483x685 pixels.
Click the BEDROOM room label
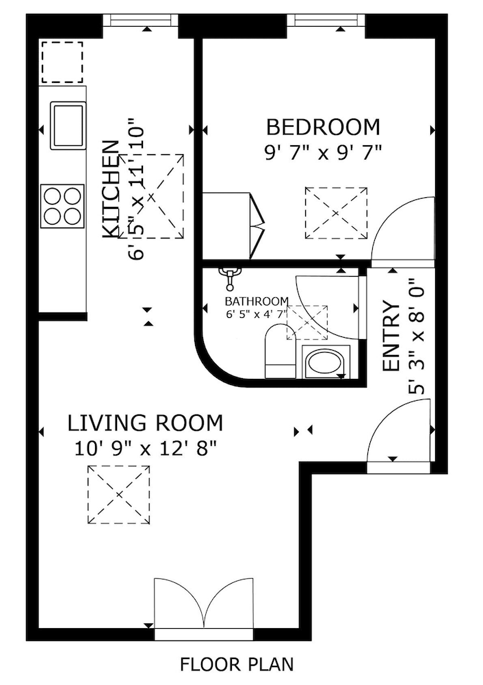coord(323,127)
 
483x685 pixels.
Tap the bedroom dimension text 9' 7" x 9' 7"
coord(323,151)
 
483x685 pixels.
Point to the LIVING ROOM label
coord(145,423)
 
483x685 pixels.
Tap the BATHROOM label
coord(257,301)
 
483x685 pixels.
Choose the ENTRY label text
coord(391,336)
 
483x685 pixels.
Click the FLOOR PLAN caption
coord(237,664)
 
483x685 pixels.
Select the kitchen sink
coord(68,125)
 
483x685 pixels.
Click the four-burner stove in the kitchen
coord(62,206)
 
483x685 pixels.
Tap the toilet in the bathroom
coord(279,353)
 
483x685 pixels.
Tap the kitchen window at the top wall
coord(144,19)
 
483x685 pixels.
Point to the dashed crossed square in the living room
coord(118,495)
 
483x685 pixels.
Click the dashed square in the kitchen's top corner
coord(62,62)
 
